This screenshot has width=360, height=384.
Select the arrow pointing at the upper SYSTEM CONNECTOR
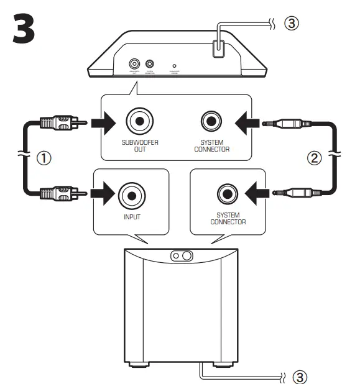(x=247, y=122)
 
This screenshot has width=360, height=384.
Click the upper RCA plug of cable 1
(x=61, y=122)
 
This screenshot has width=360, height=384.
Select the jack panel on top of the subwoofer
(x=180, y=255)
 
